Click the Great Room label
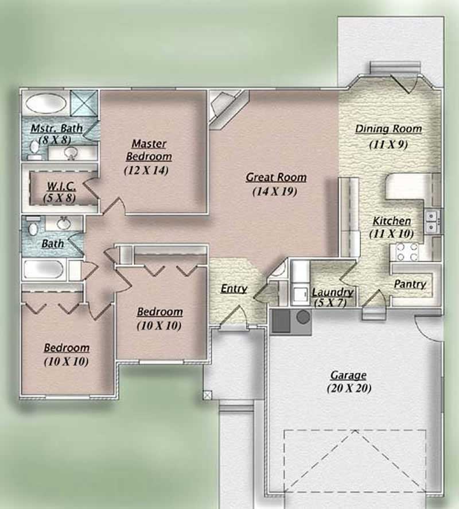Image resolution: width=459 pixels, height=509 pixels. [x=276, y=178]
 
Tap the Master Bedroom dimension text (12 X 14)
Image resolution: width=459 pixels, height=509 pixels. [x=146, y=170]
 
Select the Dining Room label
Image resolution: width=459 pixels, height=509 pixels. [x=388, y=129]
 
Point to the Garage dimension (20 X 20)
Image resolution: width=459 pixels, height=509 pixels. [x=349, y=388]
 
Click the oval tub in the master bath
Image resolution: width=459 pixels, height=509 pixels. [x=46, y=103]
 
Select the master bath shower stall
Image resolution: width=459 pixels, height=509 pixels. [x=84, y=104]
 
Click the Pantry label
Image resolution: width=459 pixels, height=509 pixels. [x=410, y=284]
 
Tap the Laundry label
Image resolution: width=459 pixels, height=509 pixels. [x=332, y=292]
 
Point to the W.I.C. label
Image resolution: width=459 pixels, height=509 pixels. [x=58, y=186]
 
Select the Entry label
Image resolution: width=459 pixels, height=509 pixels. [x=234, y=289]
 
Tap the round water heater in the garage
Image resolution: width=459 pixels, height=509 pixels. [x=303, y=317]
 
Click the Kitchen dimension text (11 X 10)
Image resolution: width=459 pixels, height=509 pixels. [x=392, y=234]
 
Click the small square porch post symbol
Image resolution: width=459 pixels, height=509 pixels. [x=207, y=395]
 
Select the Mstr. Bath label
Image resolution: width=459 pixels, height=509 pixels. [x=56, y=128]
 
